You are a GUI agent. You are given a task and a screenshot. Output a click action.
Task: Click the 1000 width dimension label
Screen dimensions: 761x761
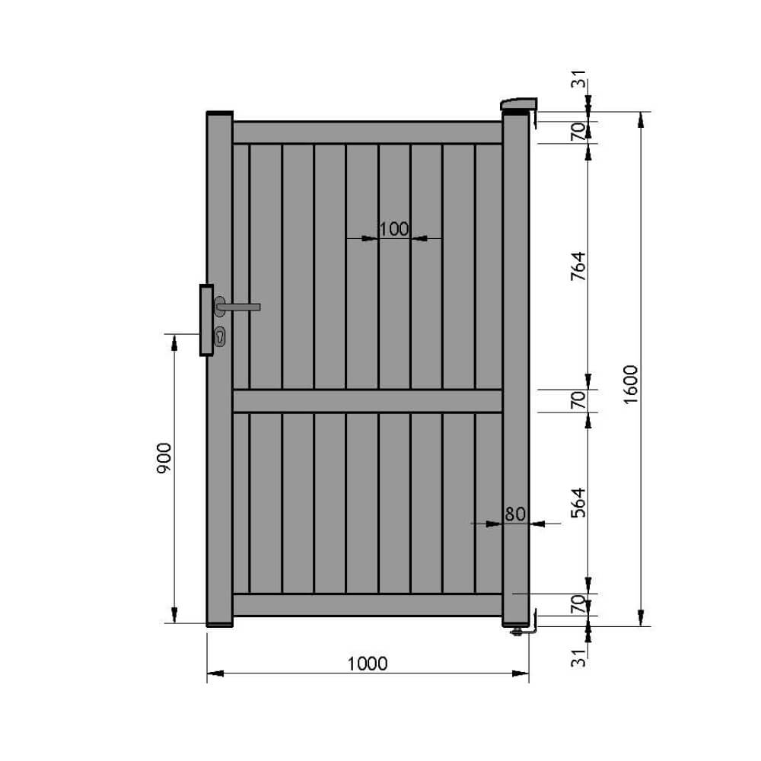coord(368,664)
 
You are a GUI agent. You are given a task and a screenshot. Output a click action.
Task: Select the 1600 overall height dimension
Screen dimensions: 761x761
coord(631,384)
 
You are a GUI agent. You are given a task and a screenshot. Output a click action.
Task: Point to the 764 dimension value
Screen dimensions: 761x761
coord(578,266)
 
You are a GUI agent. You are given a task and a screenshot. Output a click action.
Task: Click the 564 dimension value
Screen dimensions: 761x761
coord(578,503)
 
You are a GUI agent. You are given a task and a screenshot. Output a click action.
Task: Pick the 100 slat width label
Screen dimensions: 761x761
coord(393,228)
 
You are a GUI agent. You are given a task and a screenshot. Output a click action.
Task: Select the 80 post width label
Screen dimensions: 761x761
coord(515,514)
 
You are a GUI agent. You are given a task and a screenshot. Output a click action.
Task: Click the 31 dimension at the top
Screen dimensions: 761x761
coord(579,80)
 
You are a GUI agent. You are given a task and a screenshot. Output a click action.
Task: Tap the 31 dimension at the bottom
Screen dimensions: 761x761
coord(579,658)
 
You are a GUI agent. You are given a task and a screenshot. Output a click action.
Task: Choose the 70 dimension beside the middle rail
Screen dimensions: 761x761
coord(578,400)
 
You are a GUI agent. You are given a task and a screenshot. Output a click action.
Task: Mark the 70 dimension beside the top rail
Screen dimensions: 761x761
coord(578,132)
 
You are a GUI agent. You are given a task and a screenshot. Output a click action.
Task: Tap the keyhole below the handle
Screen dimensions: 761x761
coord(220,336)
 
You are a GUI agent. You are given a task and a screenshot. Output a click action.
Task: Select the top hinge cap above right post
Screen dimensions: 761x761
coord(519,103)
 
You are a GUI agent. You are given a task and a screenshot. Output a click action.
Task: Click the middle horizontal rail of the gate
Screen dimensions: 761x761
coord(367,401)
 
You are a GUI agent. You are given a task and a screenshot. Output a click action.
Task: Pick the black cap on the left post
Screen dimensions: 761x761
coord(219,113)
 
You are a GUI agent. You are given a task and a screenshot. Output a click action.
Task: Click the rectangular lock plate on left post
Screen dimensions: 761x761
coord(206,320)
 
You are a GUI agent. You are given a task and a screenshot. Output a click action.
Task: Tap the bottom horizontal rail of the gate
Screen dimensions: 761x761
coord(367,604)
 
